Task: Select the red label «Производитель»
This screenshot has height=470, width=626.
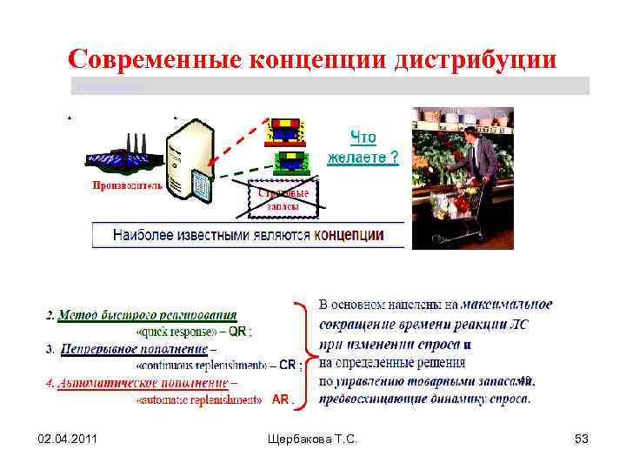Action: point(127,185)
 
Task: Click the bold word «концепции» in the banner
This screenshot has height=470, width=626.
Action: point(348,235)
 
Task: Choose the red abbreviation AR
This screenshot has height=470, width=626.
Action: point(281,399)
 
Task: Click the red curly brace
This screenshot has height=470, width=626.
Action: point(302,352)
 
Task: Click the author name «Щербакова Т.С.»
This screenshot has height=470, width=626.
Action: point(312,440)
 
